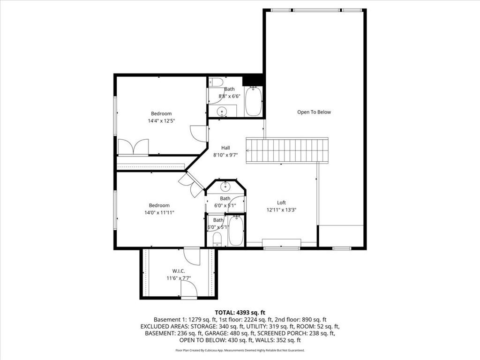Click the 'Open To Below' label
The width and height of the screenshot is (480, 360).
(x=314, y=112)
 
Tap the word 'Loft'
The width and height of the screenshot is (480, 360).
(x=281, y=202)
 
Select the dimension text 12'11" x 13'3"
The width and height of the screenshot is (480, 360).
(x=281, y=210)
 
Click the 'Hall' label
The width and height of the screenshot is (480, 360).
(x=225, y=148)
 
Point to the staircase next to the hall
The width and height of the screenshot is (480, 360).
(x=287, y=150)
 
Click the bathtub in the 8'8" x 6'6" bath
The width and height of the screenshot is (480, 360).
(x=253, y=101)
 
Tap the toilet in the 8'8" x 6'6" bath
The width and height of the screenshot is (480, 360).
(x=216, y=82)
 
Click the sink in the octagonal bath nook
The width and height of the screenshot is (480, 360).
(x=225, y=187)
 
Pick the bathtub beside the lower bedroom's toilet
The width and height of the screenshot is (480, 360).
(x=236, y=231)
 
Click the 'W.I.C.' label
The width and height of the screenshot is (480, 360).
(x=179, y=270)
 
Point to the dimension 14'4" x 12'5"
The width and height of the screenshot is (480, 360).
(x=161, y=121)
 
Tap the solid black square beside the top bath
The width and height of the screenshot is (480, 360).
(x=252, y=80)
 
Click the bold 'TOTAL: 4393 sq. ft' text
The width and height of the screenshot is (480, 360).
(x=240, y=312)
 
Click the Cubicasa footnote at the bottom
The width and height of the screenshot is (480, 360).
(x=240, y=350)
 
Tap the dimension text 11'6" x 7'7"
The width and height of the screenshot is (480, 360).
(x=179, y=278)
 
